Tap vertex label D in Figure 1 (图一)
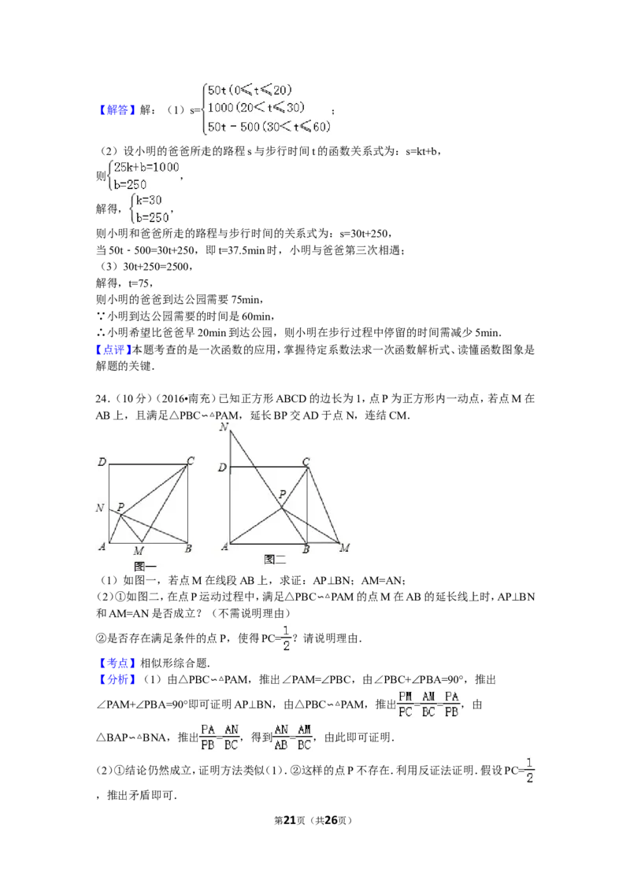102,461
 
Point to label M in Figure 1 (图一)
139,550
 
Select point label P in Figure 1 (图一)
120,508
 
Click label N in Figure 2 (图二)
224,427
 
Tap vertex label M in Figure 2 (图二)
344,548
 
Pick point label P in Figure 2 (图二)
281,495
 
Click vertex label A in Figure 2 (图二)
224,547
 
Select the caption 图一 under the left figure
145,566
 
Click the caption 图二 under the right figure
275,560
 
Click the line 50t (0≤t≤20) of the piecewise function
244,90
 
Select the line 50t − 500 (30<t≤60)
264,127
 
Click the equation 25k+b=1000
146,166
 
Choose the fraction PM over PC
406,704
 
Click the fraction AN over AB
281,736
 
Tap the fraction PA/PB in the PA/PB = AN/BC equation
208,736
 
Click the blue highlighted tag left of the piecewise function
117,110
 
